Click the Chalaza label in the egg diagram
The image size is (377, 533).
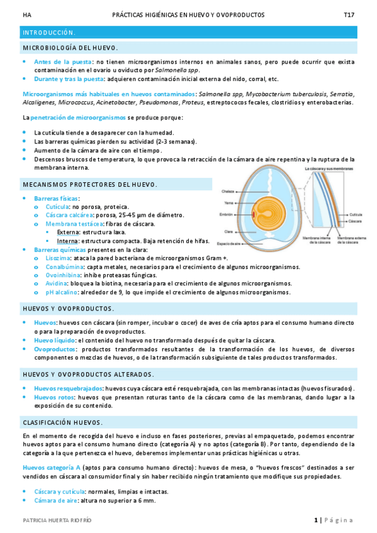point(228,191)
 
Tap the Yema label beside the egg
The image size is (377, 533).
point(229,202)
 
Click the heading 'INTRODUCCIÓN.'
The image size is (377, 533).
point(49,32)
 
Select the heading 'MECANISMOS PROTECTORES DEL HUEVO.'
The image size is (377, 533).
point(89,184)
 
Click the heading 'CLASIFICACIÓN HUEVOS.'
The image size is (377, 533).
point(62,422)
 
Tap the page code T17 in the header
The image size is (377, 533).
point(349,14)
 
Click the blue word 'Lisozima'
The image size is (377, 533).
point(58,258)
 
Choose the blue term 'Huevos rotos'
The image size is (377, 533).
point(54,397)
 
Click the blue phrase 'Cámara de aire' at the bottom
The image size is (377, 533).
point(57,500)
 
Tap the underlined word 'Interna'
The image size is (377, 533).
point(67,241)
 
